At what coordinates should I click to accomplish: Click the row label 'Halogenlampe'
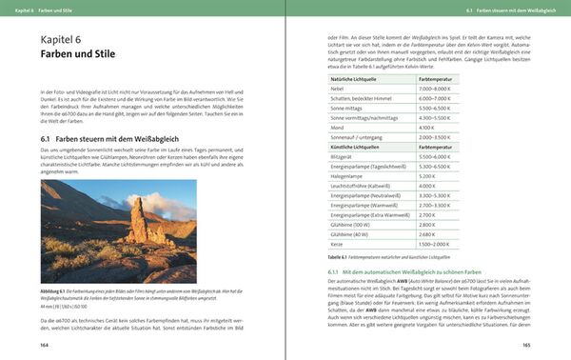(336, 176)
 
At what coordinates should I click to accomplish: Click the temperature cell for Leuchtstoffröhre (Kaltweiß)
(425, 185)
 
